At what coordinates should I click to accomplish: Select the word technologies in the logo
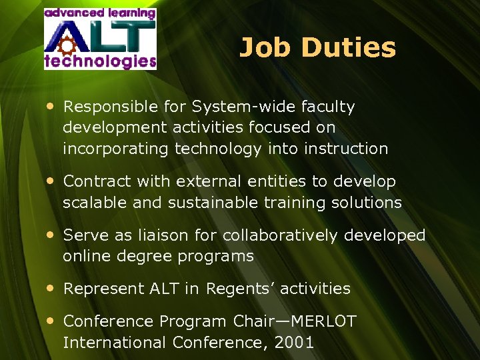[x=100, y=61]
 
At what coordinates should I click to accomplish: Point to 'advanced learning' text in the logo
[x=100, y=13]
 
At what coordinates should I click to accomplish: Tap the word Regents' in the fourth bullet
[x=240, y=289]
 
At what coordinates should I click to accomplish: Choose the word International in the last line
[x=115, y=343]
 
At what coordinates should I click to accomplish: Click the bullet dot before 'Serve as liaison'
[x=51, y=235]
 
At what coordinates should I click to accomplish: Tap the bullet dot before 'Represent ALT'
[x=51, y=289]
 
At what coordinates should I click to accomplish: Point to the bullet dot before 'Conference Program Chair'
[x=51, y=321]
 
